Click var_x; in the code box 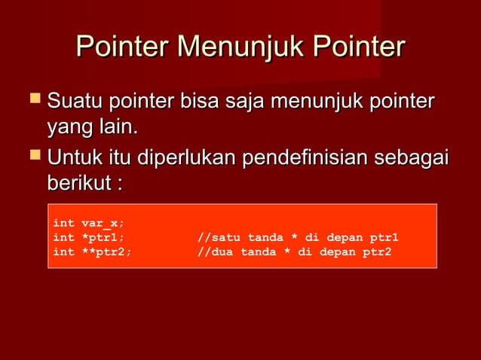(x=103, y=224)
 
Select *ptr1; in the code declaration (x=103, y=238)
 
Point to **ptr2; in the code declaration (x=106, y=252)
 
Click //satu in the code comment (x=219, y=238)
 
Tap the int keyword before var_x (x=63, y=224)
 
